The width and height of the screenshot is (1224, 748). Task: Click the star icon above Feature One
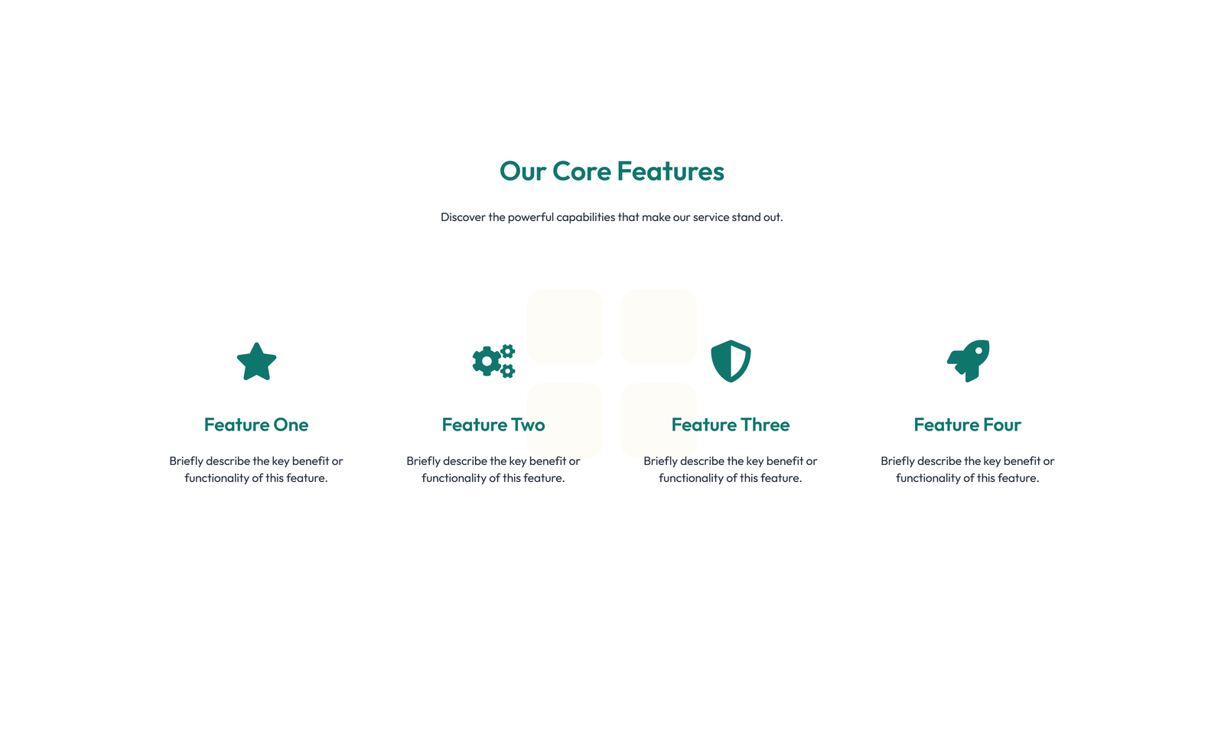click(x=256, y=362)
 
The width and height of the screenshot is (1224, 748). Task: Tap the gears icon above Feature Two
click(x=493, y=361)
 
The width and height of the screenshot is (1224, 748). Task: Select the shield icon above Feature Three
click(x=731, y=361)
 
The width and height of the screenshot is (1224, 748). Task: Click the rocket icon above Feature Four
click(x=968, y=361)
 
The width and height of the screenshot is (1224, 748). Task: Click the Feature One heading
click(x=256, y=424)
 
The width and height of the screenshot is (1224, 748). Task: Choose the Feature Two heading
click(x=493, y=424)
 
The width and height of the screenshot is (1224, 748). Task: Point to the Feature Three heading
click(x=731, y=424)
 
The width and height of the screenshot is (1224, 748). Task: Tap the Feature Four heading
click(x=968, y=424)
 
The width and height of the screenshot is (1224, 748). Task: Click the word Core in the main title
click(x=582, y=171)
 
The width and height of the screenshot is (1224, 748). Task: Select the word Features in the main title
click(x=671, y=171)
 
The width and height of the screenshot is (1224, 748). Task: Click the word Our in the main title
click(x=523, y=171)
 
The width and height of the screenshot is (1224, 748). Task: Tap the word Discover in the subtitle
click(x=463, y=217)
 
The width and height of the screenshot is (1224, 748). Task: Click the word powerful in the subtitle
click(x=531, y=217)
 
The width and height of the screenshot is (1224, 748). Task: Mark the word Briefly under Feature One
click(x=187, y=461)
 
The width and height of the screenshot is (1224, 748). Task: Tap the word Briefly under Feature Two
click(x=424, y=461)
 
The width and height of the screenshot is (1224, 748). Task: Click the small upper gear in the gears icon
click(x=508, y=351)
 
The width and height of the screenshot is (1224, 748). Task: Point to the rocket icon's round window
click(x=978, y=351)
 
